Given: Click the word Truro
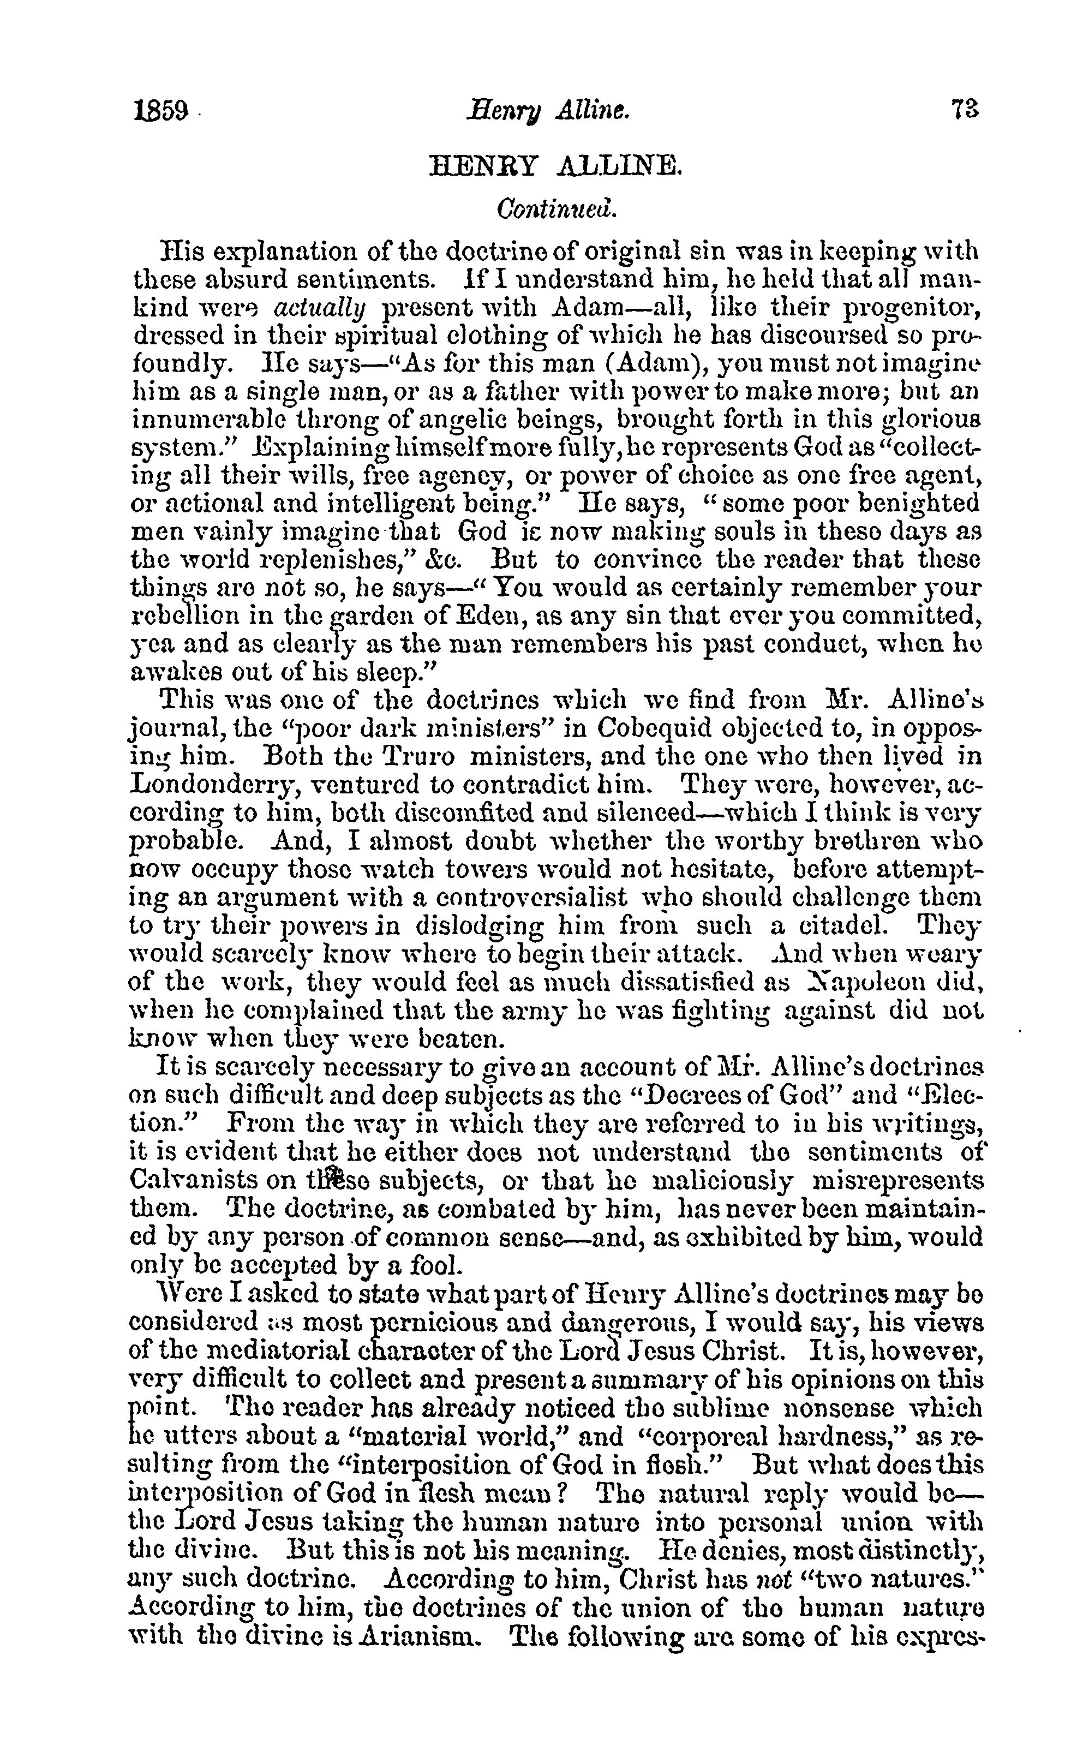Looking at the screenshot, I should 416,756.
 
